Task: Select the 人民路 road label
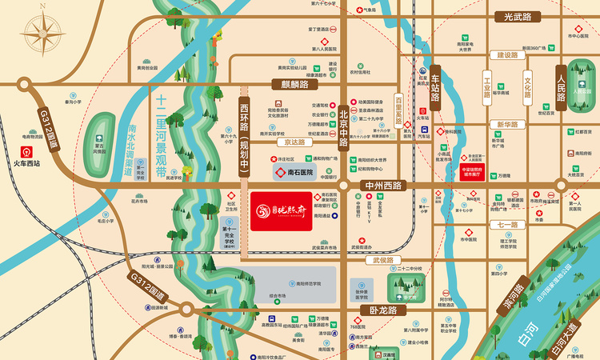point(561,82)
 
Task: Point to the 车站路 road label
point(435,89)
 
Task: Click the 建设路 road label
point(503,55)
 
